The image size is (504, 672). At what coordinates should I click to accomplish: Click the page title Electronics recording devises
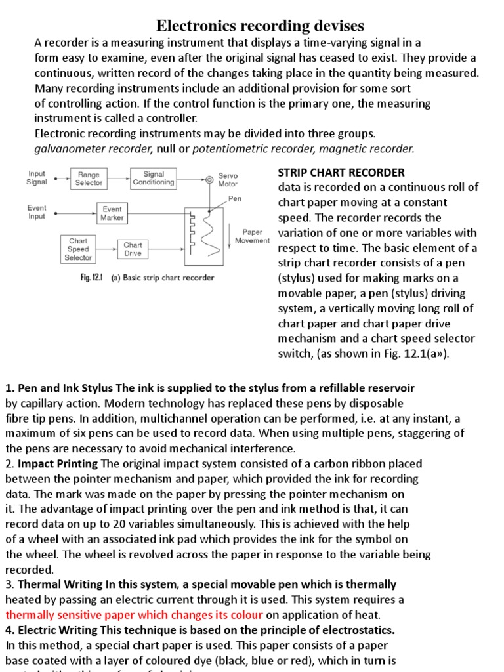coord(259,26)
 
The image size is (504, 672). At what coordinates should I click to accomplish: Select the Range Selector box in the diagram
coord(89,178)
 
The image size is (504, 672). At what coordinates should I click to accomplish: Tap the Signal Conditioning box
coord(154,178)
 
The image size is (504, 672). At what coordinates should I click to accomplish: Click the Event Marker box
coord(112,213)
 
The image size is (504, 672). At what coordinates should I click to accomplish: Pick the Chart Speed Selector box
coord(77,249)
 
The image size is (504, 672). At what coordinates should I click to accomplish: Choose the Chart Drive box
coord(133,249)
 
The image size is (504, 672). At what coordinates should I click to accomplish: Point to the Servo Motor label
coord(228,180)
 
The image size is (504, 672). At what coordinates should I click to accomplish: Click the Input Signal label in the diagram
coord(37,178)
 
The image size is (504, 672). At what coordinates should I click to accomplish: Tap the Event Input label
coord(37,212)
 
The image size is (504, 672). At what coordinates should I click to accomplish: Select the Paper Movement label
coord(252,236)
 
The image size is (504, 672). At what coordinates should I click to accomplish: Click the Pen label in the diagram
coord(234,198)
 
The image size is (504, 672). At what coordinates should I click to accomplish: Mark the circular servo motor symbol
coord(209,179)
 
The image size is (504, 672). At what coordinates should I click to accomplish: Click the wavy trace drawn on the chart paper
coord(212,236)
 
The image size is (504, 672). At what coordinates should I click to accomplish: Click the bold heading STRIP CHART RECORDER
coord(341,173)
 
